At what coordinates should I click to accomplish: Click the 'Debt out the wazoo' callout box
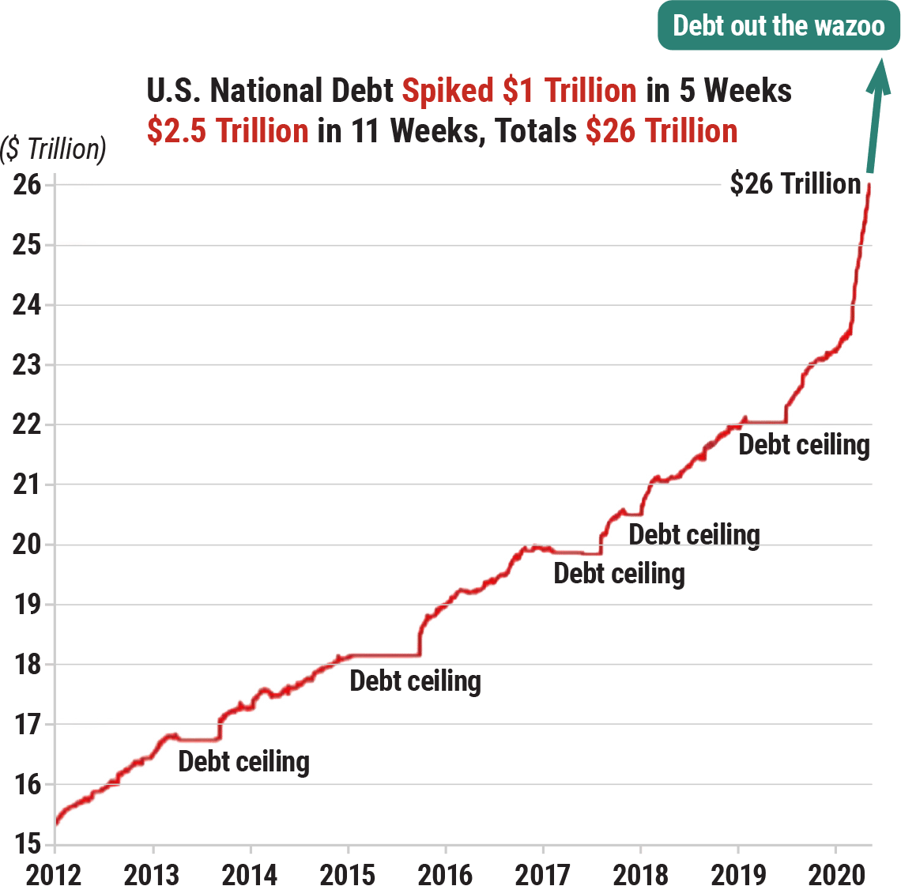tap(778, 25)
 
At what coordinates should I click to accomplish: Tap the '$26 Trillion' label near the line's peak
tap(794, 184)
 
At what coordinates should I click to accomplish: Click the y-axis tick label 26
tap(26, 186)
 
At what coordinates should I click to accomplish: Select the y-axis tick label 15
tap(26, 844)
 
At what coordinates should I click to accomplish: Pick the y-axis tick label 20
tap(26, 545)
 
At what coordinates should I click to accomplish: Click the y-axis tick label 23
tap(26, 365)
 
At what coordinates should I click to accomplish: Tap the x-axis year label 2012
tap(55, 874)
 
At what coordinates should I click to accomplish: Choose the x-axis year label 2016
tap(445, 874)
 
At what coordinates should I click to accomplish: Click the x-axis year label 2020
tap(835, 874)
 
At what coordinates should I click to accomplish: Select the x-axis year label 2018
tap(640, 874)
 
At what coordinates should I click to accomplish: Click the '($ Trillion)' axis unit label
tap(53, 148)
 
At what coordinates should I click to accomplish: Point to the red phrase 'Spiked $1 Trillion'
tap(519, 91)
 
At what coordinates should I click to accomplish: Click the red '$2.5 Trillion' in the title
tap(228, 130)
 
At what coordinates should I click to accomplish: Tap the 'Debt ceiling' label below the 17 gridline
tap(243, 762)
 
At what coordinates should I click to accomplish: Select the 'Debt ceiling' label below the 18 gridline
tap(415, 681)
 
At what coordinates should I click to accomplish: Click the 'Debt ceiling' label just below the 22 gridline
tap(804, 444)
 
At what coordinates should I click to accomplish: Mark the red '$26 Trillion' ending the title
tap(662, 130)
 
